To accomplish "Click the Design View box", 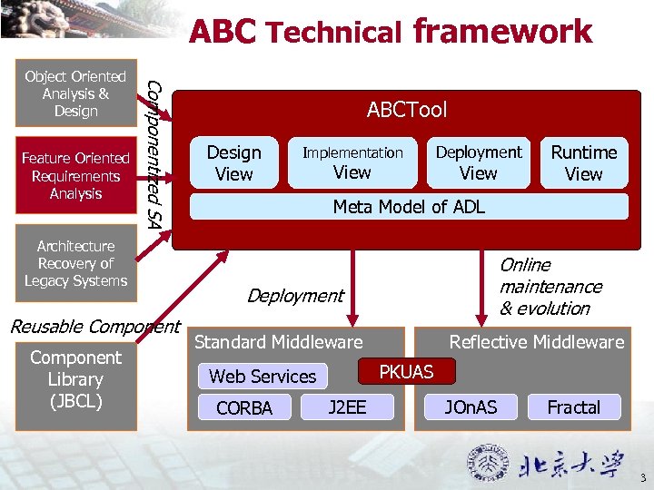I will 233,163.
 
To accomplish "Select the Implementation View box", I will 352,162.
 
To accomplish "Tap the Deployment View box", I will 479,162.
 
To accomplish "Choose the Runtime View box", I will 583,163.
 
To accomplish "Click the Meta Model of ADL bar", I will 409,207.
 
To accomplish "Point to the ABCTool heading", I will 407,111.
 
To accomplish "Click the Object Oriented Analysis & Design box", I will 75,93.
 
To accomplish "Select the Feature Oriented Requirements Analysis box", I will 75,176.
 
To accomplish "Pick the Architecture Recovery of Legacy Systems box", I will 75,263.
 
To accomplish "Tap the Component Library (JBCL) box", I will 75,379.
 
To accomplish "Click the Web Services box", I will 263,376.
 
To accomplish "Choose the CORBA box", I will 244,408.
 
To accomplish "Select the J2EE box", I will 347,407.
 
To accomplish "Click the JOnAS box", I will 471,407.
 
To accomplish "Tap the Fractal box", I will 573,407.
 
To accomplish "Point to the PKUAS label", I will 406,371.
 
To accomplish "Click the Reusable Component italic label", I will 94,327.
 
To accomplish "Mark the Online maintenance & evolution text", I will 550,287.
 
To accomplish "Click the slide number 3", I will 642,478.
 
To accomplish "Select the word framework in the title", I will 502,32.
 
